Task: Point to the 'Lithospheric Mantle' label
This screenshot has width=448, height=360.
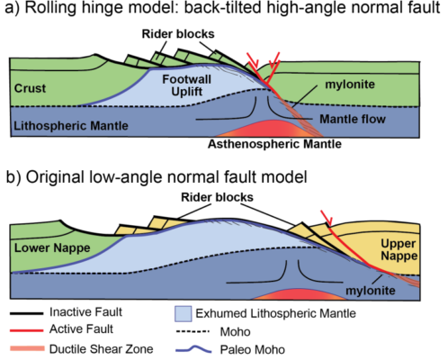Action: pyautogui.click(x=69, y=123)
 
